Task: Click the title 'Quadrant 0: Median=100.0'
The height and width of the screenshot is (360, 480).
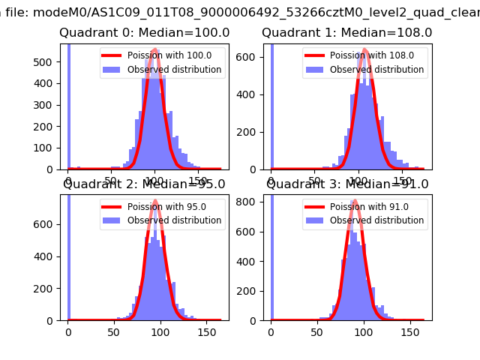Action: pos(144,33)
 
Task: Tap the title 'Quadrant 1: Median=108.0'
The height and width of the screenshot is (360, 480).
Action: pos(346,33)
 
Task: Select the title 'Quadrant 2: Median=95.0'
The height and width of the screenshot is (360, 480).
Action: pos(144,184)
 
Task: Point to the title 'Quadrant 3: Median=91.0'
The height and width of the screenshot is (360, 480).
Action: pos(347,184)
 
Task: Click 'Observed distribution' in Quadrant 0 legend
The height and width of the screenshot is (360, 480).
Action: pos(174,70)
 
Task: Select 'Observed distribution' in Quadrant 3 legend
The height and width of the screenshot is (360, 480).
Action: pos(376,220)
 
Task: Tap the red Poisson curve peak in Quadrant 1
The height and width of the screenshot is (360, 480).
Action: pos(365,49)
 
